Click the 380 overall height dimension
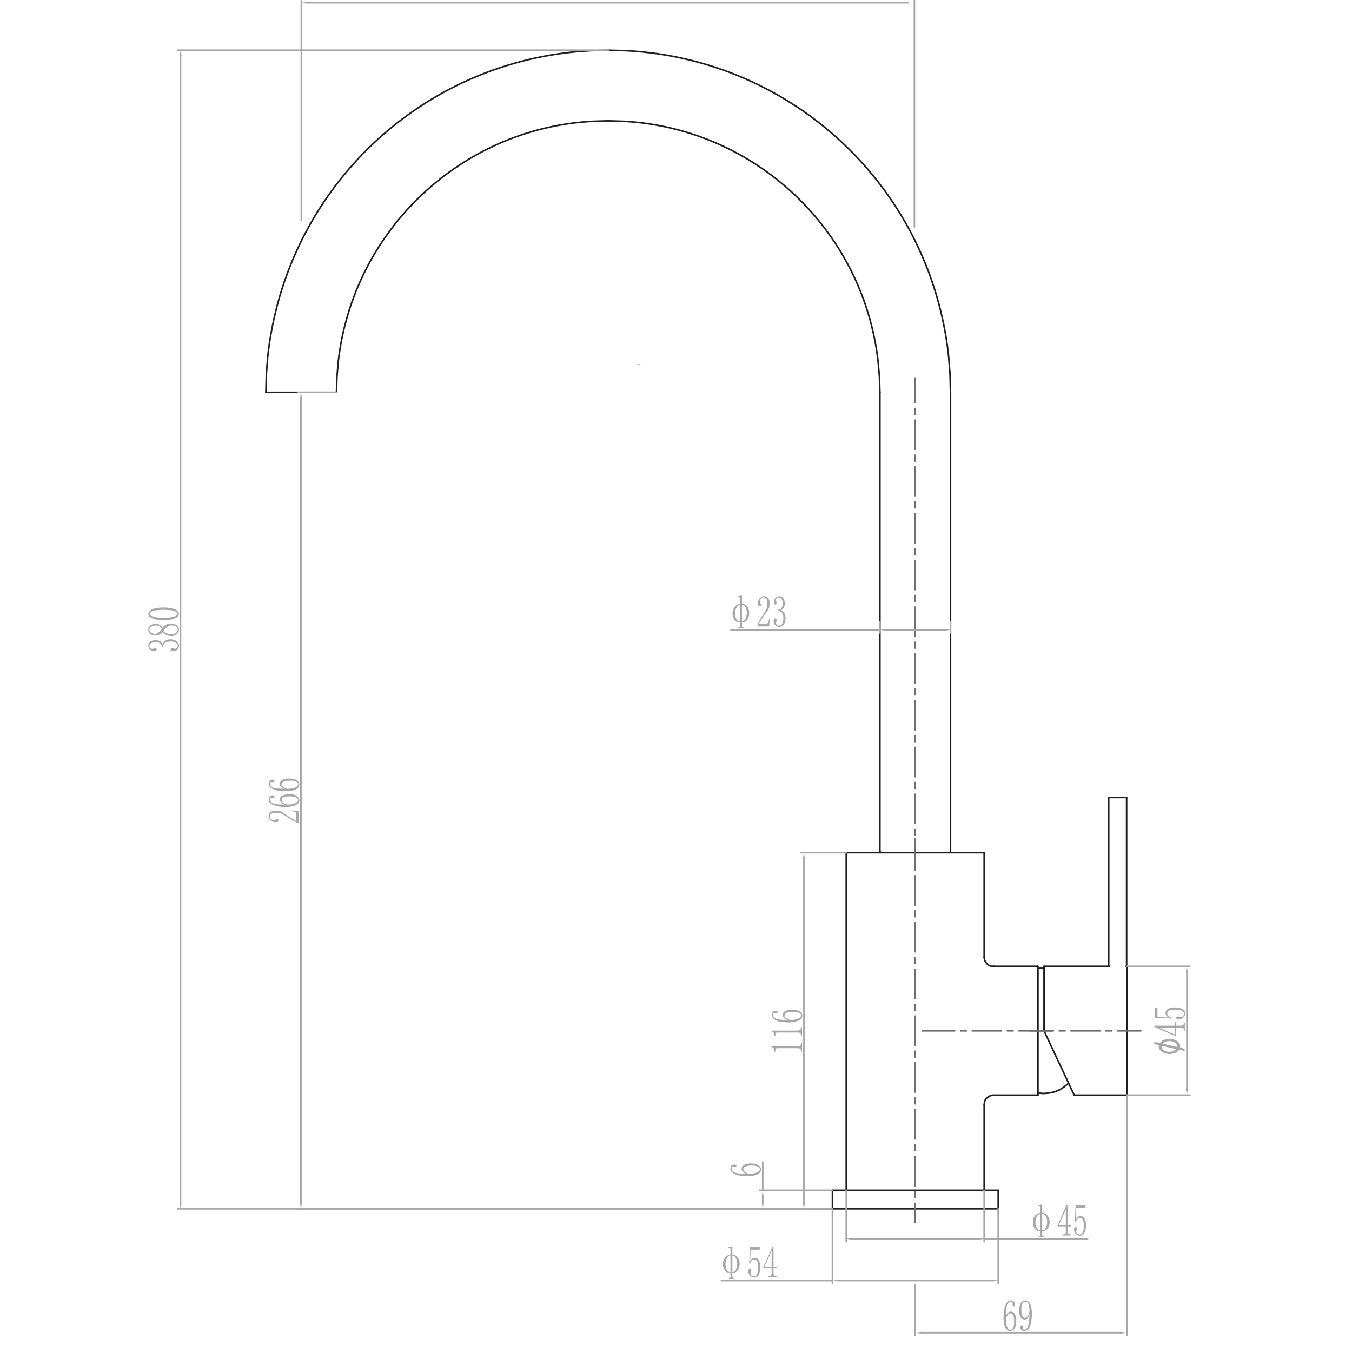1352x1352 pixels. click(x=166, y=629)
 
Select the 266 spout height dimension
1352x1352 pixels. click(x=286, y=799)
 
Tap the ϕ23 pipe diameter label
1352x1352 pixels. click(x=759, y=612)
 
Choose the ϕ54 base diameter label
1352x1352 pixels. click(x=750, y=1264)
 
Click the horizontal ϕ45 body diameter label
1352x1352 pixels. click(x=1059, y=1221)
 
